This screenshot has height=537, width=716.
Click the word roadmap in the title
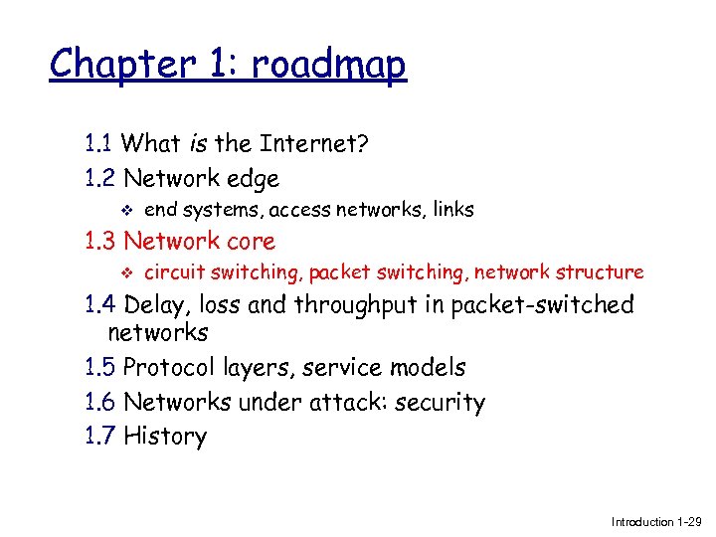point(329,65)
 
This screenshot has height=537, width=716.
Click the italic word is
point(198,144)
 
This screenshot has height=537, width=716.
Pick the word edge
point(254,179)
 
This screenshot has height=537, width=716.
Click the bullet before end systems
point(124,211)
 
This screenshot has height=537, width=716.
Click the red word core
point(253,241)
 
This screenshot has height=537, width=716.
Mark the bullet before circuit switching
point(124,272)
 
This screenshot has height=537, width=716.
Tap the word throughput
point(376,305)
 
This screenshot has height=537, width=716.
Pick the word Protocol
point(170,368)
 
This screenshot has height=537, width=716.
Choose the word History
point(165,436)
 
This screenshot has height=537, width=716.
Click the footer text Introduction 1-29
point(656,521)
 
